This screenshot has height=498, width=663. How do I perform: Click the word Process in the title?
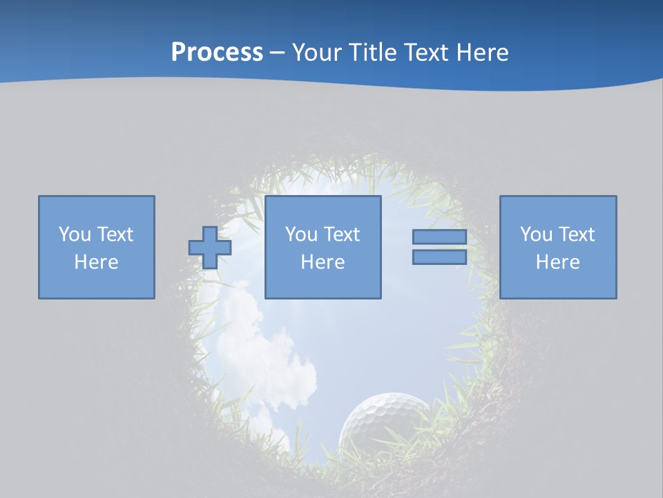point(217,53)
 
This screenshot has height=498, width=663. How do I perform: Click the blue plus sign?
point(210,248)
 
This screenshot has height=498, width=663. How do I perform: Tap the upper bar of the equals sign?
point(439,237)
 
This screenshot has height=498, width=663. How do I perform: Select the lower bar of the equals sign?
point(439,257)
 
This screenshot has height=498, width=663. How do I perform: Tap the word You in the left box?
point(75,234)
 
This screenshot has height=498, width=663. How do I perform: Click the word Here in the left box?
point(97,262)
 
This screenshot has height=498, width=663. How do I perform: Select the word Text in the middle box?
point(341,234)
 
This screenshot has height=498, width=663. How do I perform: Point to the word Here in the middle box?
point(323,262)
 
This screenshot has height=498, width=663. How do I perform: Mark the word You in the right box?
point(536,234)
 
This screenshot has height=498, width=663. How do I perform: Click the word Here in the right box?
point(558,262)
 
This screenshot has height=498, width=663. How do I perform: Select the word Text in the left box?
point(115,234)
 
